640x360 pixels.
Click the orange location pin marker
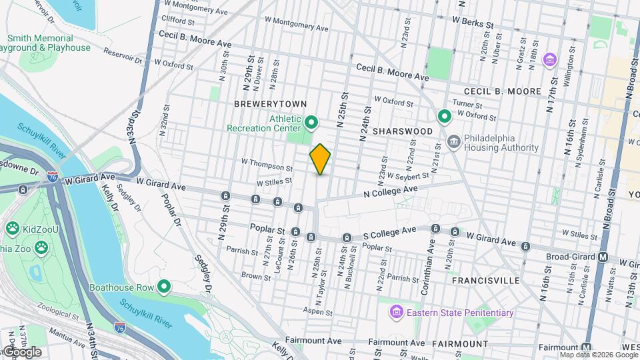coord(320,159)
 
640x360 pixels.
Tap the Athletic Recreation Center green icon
coord(311,123)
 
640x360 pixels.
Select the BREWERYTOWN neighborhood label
coord(270,104)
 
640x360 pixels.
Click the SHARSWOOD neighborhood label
coord(403,131)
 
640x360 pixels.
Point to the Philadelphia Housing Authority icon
coord(454,142)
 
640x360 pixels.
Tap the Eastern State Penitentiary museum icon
coord(395,312)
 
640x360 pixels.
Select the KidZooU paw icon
coord(13,229)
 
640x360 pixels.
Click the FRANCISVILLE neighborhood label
coord(485,281)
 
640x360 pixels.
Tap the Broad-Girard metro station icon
coord(603,257)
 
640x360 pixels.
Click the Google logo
coord(21,351)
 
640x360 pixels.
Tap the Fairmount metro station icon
coord(587,347)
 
